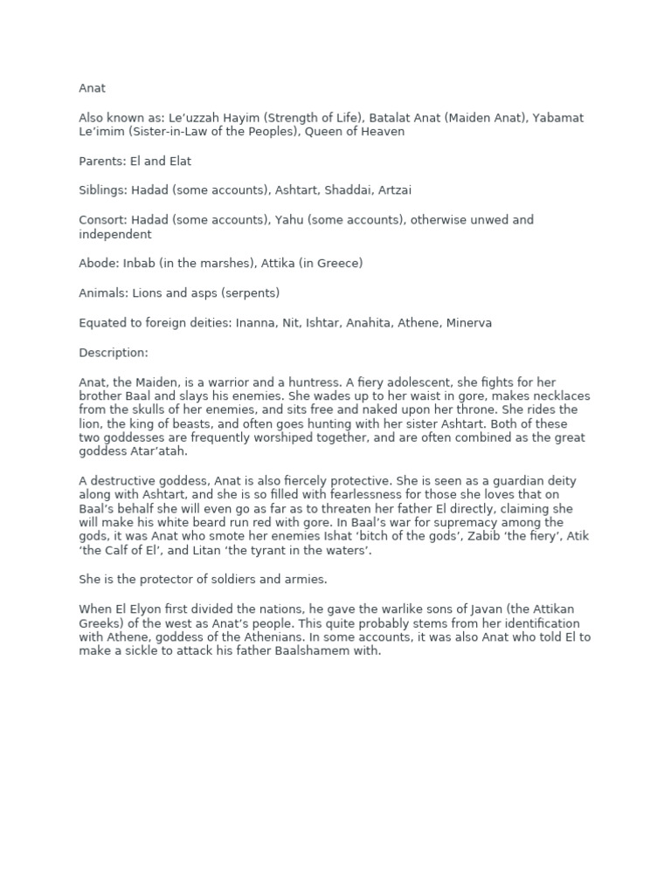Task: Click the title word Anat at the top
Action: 92,88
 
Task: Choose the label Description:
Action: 114,353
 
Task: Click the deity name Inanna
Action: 258,323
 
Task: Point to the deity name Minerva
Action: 469,323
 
